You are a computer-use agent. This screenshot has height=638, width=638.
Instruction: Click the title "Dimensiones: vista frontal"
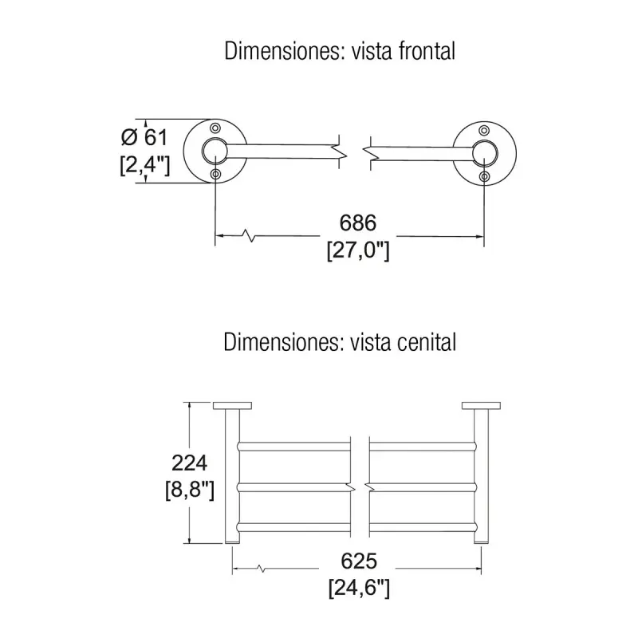tap(340, 52)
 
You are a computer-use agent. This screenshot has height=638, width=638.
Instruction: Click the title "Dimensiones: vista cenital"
tap(340, 343)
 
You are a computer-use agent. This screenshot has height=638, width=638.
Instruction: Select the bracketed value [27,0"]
tap(357, 250)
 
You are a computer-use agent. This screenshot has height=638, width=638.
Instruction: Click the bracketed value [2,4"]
tap(144, 165)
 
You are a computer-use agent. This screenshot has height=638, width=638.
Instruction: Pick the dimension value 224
tap(190, 462)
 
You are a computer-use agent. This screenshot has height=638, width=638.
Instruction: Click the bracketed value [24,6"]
tap(357, 589)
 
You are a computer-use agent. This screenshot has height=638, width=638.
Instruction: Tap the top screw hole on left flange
tap(215, 128)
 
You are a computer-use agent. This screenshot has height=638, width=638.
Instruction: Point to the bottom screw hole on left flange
tap(215, 175)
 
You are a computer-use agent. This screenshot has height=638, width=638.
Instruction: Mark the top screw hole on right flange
tap(484, 129)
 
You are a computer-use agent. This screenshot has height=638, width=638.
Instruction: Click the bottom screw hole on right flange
tap(485, 175)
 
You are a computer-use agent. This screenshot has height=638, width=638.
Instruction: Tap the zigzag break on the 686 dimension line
tap(252, 235)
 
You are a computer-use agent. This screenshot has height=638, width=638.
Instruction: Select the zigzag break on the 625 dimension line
tap(261, 569)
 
